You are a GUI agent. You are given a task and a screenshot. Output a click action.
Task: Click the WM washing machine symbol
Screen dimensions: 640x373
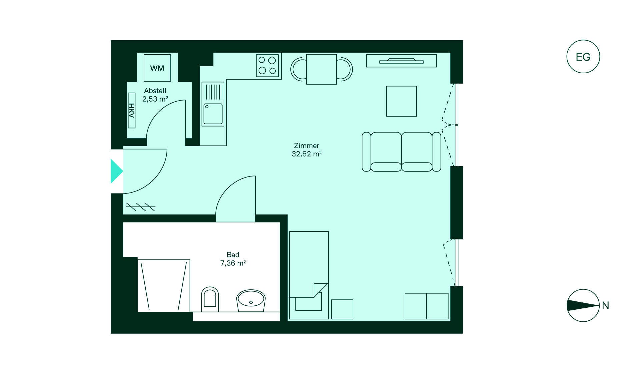click(157, 68)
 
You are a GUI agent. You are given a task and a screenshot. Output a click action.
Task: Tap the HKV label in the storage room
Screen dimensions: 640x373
click(132, 110)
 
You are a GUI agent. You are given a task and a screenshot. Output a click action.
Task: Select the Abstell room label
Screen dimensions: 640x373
click(155, 91)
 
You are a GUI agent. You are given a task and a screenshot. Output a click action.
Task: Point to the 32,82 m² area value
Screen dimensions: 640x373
click(307, 154)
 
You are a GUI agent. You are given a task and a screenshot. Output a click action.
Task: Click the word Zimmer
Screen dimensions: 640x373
click(307, 146)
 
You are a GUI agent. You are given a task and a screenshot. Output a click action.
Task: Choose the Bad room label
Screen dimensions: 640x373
click(233, 255)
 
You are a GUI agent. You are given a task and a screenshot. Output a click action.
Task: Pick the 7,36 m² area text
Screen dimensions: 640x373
click(233, 263)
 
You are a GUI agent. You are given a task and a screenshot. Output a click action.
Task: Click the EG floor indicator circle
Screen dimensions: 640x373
click(583, 57)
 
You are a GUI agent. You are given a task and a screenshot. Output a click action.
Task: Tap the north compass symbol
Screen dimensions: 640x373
click(583, 305)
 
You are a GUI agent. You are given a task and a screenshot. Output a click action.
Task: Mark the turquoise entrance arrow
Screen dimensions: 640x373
click(117, 171)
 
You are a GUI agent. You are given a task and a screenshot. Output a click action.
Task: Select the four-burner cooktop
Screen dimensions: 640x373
click(267, 66)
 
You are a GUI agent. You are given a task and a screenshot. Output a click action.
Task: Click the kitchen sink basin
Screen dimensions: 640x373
click(213, 114)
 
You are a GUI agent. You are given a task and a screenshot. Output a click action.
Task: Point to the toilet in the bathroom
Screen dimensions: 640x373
click(210, 299)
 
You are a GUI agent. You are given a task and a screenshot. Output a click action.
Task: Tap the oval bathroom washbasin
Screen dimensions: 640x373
click(251, 301)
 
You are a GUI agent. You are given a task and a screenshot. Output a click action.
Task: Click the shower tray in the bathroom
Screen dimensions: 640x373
click(164, 286)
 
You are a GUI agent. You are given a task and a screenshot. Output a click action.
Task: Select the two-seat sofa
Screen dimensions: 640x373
click(401, 152)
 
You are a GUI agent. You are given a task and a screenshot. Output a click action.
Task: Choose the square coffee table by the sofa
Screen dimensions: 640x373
click(401, 101)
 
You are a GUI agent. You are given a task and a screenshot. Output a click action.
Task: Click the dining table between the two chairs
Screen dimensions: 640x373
click(321, 69)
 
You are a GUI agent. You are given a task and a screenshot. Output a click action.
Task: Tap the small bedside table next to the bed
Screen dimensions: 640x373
click(342, 309)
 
